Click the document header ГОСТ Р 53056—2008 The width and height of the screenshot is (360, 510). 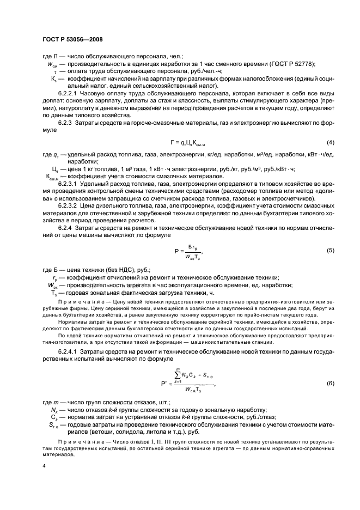(x=72, y=39)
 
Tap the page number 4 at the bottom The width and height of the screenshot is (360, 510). (x=45, y=466)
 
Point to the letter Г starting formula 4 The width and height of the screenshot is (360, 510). (x=172, y=143)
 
